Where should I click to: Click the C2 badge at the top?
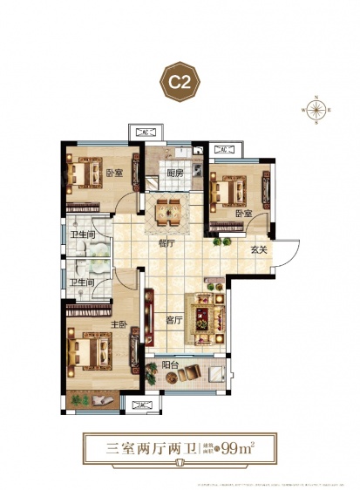(180, 85)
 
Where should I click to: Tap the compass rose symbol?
(316, 111)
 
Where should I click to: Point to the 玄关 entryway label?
(258, 250)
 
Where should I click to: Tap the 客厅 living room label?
(173, 319)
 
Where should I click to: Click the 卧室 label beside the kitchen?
(113, 173)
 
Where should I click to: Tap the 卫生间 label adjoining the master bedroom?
(82, 282)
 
